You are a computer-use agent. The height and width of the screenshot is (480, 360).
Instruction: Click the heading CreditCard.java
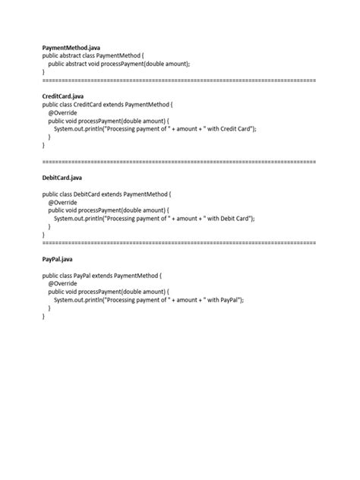point(63,96)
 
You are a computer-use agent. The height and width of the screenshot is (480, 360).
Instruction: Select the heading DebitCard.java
point(62,177)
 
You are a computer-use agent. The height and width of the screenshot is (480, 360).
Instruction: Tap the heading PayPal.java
point(58,259)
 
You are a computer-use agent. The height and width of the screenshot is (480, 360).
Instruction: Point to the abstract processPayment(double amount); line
point(119,65)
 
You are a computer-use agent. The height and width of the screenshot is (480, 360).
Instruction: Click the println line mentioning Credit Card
point(155,129)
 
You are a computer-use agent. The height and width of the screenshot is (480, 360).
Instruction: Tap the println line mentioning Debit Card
point(154,218)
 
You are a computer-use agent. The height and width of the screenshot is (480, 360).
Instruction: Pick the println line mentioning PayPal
point(149,299)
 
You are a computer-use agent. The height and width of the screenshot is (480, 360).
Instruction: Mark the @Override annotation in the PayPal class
point(62,283)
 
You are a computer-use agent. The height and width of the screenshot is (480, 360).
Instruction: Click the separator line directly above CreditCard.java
point(179,80)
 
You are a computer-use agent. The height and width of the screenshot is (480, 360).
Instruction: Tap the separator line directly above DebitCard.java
point(179,162)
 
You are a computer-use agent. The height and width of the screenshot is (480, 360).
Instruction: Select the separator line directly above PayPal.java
point(179,242)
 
